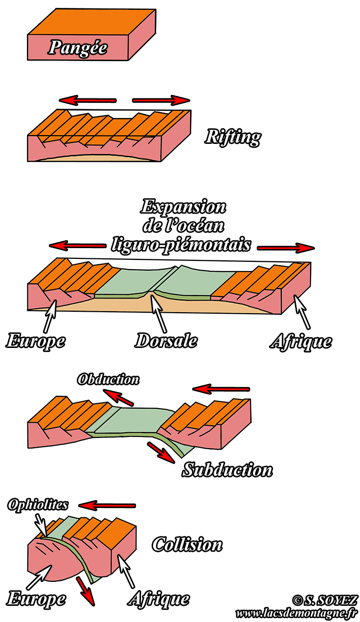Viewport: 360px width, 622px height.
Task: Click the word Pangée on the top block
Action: click(78, 48)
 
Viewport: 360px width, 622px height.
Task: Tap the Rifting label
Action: click(232, 137)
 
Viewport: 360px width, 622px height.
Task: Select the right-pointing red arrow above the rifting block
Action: click(161, 100)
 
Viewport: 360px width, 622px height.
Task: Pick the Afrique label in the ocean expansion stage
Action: click(300, 341)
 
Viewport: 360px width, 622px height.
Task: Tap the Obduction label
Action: click(108, 379)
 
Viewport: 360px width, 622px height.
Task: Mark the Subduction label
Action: click(227, 470)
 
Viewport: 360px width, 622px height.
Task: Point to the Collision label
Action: click(187, 544)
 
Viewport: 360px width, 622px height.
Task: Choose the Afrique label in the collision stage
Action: click(158, 598)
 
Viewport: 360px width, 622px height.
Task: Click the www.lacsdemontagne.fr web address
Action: click(296, 613)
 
